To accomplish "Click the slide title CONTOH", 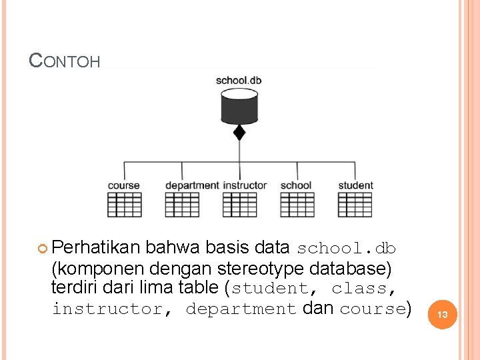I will coord(65,61).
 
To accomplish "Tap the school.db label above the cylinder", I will coord(239,81).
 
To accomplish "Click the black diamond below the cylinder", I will coord(239,132).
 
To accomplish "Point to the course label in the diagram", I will coord(124,185).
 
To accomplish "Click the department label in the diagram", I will coord(192,185).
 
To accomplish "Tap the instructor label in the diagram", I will coord(245,185).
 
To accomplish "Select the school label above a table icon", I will coord(296,185).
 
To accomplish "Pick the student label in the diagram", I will coord(355,185).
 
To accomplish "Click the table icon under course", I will coord(124,205).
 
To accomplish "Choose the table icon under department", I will coord(182,205).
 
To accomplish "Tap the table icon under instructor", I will coord(239,205).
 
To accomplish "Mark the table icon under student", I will coord(355,205).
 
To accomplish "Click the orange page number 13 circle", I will coord(442,313).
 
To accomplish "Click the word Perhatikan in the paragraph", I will coord(95,248).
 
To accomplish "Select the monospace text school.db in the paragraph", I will coord(346,249).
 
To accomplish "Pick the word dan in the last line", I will coord(318,308).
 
